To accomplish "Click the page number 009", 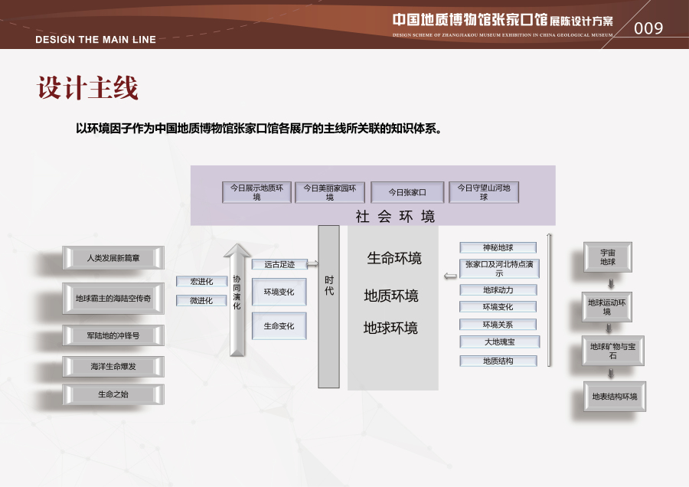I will coord(648,28).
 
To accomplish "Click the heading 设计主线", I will coord(88,88).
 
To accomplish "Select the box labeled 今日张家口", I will coord(407,192).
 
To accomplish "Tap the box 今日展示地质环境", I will coord(256,192).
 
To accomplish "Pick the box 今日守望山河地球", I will coord(483,192).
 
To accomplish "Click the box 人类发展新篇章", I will coord(113,258).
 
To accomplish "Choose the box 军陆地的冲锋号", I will coord(113,335).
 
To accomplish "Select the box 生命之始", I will coord(113,394).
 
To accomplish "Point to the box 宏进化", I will coord(201,281).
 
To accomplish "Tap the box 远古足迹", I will coord(279,264).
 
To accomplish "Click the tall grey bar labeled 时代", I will coord(328,306).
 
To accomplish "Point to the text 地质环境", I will coord(391,296).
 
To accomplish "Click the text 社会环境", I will coord(395,217).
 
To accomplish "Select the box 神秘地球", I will coord(498,247).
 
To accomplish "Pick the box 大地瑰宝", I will coord(498,342).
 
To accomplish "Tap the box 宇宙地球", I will coord(607,257).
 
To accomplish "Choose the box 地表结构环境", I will coord(614,397).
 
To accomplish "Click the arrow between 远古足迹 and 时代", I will coord(312,264).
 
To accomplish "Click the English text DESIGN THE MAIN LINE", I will coord(96,40).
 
